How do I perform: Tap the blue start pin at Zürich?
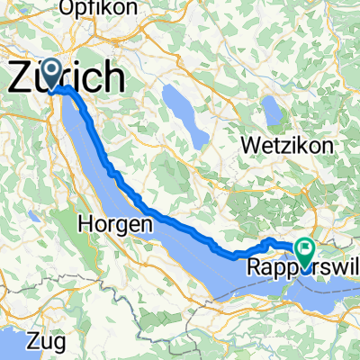coord(49,73)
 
